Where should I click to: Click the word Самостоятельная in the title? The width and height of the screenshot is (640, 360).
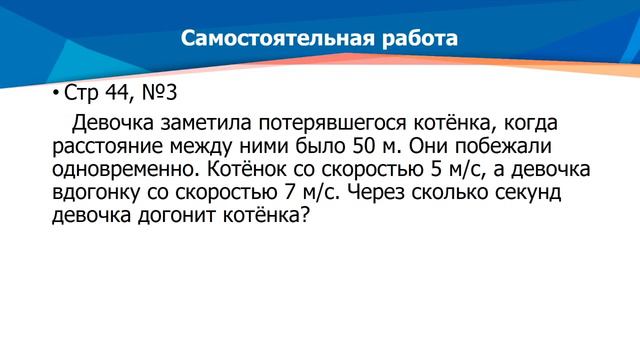click(267, 39)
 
